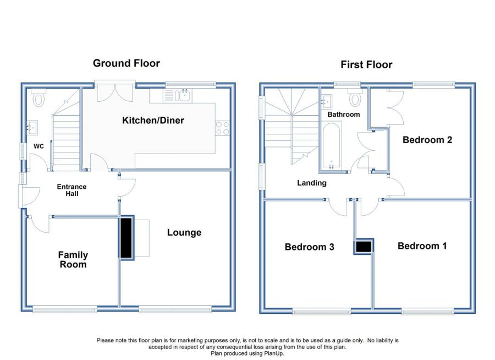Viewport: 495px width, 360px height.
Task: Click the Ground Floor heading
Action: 127,63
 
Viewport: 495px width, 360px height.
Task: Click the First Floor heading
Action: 366,65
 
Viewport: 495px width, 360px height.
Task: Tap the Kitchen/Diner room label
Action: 153,121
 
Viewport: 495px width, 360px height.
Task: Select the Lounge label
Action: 184,233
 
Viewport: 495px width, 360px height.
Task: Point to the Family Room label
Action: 73,259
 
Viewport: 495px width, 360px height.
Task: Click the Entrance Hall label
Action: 71,190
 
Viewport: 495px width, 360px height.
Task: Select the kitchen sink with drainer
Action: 178,95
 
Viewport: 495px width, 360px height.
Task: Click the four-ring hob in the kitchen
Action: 222,128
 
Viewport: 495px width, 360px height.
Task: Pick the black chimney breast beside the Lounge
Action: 127,238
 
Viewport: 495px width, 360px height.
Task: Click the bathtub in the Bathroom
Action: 331,145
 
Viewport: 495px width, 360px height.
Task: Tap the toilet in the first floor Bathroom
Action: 355,97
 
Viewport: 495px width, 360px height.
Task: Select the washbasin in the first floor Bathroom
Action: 327,101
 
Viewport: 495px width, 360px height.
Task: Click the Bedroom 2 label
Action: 427,140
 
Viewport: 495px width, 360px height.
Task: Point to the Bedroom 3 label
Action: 309,247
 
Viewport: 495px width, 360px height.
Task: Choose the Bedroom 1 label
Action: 422,246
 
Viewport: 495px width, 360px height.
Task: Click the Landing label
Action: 312,183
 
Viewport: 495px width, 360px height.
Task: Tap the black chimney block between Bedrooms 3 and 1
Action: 364,247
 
